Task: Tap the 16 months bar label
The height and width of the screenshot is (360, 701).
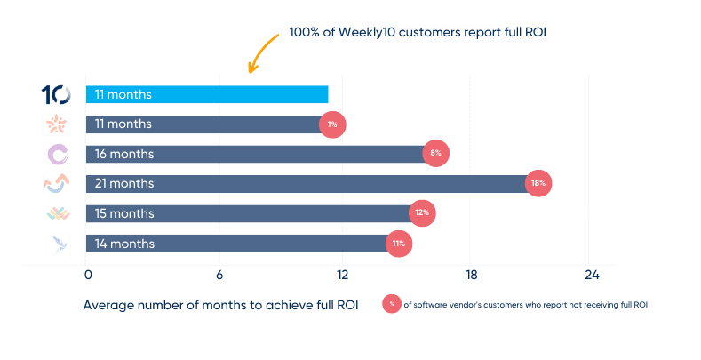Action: [x=124, y=154]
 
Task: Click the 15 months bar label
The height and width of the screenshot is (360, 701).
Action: [x=124, y=214]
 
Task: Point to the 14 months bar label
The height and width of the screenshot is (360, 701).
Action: [x=124, y=244]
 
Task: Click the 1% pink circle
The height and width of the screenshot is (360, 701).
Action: [x=332, y=124]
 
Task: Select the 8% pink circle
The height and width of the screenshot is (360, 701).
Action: [x=435, y=154]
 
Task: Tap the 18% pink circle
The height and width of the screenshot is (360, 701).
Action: [x=538, y=184]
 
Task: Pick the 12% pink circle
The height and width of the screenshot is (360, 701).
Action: [x=422, y=214]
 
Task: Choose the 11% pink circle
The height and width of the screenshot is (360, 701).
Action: [x=399, y=244]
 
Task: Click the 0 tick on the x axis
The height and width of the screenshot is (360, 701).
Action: [x=87, y=274]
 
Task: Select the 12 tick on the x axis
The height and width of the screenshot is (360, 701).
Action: [x=343, y=274]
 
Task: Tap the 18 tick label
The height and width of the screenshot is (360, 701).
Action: [x=471, y=274]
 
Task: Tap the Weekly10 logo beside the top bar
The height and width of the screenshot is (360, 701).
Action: [x=57, y=94]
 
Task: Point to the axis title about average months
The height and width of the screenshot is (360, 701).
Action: [x=220, y=304]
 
